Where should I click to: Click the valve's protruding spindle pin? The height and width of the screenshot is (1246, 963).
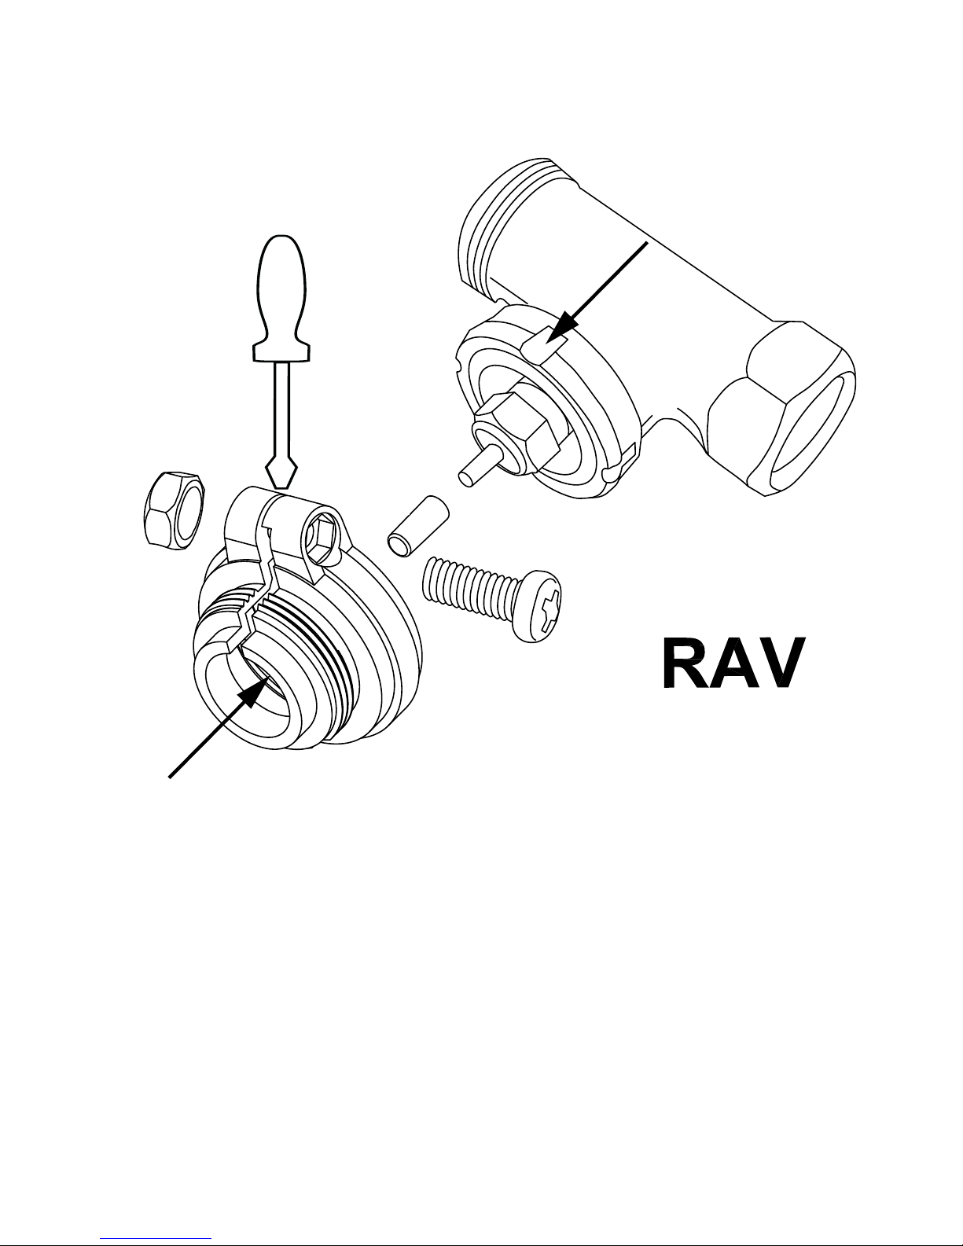point(476,465)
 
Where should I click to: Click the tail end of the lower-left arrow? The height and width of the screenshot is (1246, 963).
point(171,777)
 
